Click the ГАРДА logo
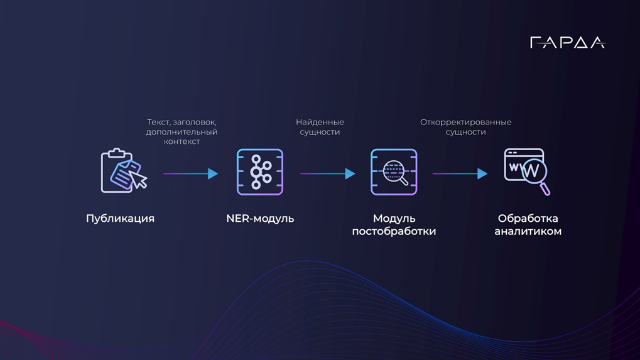click(567, 43)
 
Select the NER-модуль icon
click(260, 172)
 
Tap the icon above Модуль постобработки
click(394, 172)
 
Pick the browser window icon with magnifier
click(526, 172)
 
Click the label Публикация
click(120, 219)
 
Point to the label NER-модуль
click(260, 219)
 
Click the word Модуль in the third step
click(394, 219)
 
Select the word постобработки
click(394, 231)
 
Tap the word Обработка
click(528, 219)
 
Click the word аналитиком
click(528, 231)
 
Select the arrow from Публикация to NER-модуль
click(190, 173)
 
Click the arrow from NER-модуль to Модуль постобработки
click(327, 173)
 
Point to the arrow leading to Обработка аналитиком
click(460, 173)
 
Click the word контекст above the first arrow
click(182, 142)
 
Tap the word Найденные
click(320, 122)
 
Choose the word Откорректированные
click(465, 122)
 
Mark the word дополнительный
click(182, 132)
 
